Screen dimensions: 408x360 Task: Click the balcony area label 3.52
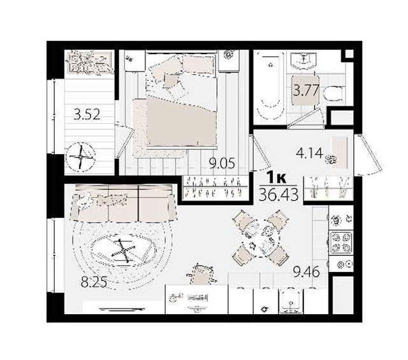(x=87, y=115)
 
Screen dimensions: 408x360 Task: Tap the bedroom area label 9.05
(x=222, y=164)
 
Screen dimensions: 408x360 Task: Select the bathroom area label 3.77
(x=306, y=90)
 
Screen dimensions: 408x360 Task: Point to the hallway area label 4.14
(x=309, y=153)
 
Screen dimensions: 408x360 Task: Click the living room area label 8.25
(x=94, y=282)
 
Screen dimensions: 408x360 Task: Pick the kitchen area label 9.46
(x=306, y=272)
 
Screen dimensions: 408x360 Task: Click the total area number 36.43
(x=279, y=195)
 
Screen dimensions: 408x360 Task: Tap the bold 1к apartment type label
(x=277, y=178)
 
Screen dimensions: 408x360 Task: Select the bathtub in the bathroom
(x=269, y=87)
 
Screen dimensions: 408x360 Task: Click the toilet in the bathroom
(x=333, y=94)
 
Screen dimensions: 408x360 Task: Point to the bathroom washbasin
(x=303, y=59)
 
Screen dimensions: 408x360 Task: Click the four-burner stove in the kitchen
(x=341, y=242)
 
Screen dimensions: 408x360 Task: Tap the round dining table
(x=261, y=238)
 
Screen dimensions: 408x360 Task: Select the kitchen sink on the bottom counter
(x=291, y=301)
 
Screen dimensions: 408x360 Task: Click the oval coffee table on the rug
(x=124, y=250)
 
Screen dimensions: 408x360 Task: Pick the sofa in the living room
(x=123, y=203)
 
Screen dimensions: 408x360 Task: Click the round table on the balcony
(x=80, y=157)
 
